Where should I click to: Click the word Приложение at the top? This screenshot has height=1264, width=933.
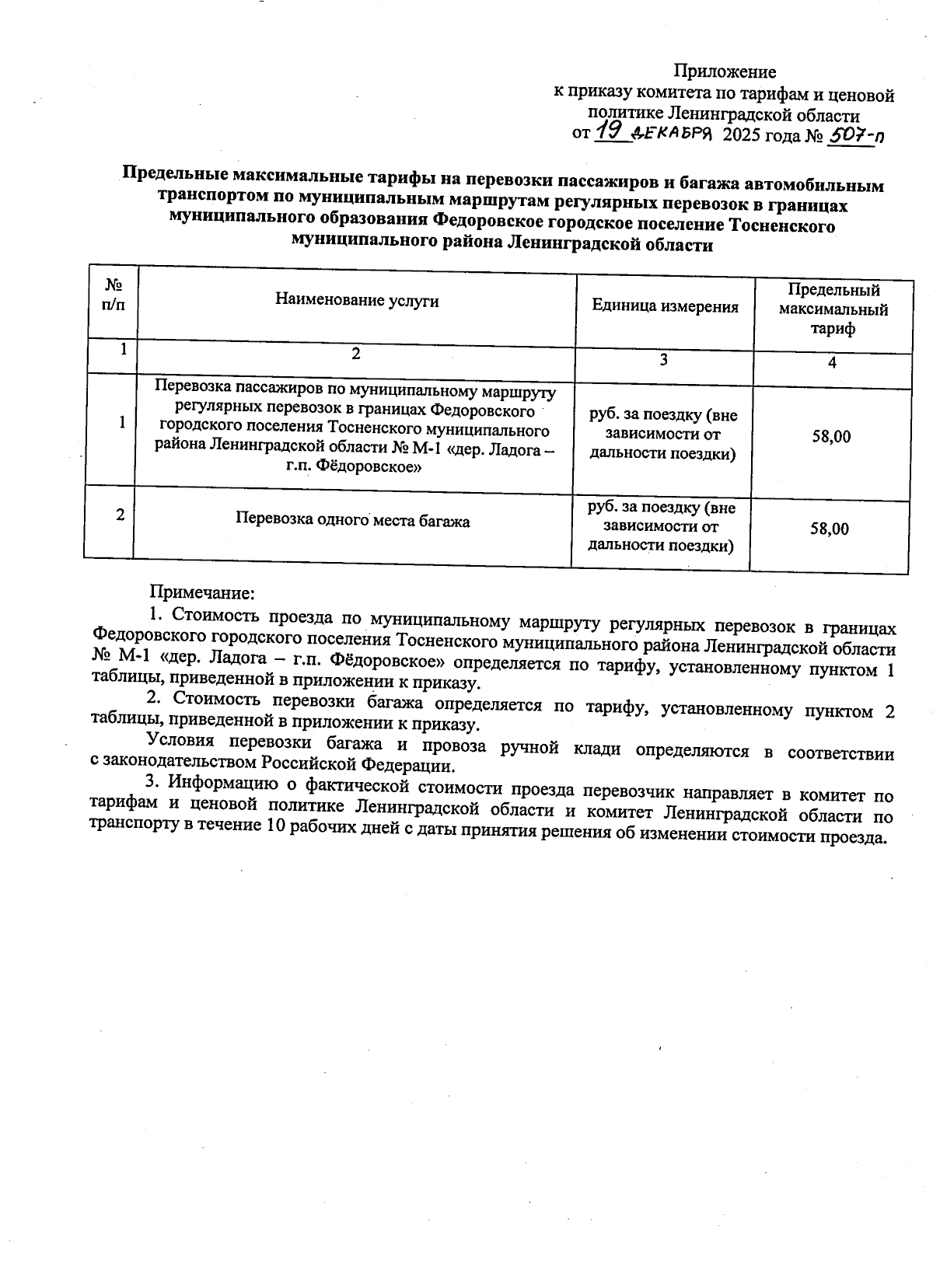[724, 72]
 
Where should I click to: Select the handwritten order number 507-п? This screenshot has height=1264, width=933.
[856, 137]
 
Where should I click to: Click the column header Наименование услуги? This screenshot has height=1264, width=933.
[357, 301]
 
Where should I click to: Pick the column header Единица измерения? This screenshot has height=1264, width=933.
[665, 306]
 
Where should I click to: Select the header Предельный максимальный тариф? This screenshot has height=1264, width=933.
[833, 309]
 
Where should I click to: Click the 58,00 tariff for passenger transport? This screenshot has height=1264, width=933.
[831, 437]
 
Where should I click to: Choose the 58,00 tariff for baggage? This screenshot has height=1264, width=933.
[830, 529]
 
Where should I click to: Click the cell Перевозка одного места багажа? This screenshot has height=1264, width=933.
[353, 521]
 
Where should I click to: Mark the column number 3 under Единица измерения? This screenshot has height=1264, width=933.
[663, 360]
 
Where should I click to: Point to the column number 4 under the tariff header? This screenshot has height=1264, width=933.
[832, 363]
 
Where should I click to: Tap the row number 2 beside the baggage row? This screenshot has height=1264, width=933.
[120, 515]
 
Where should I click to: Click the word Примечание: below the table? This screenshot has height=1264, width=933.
[202, 593]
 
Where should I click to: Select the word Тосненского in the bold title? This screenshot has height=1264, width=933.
[786, 226]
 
